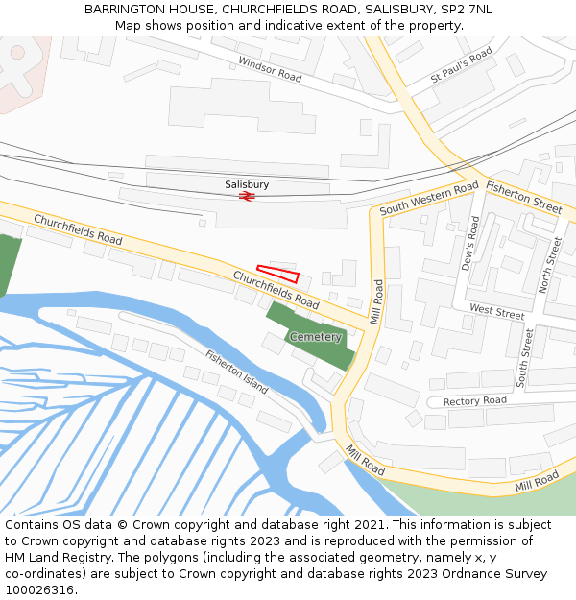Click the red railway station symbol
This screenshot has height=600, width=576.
[247, 196]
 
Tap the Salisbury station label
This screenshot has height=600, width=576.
[247, 183]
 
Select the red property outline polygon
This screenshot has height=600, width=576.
[277, 273]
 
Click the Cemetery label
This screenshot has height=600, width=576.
[316, 337]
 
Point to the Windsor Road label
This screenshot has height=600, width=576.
[270, 69]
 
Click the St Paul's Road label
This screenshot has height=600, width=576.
[462, 63]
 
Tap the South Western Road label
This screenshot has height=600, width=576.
[429, 199]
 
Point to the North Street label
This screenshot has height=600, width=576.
[550, 264]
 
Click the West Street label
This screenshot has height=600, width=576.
[497, 312]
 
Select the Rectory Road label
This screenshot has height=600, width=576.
[475, 400]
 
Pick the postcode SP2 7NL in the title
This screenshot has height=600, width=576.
[466, 9]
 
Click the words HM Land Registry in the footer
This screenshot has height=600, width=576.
[54, 558]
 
